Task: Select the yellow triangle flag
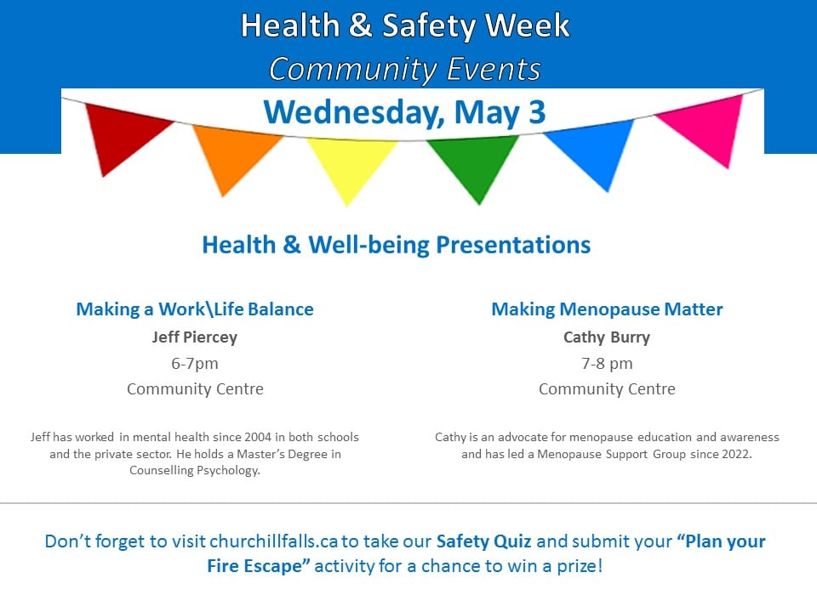tap(350, 164)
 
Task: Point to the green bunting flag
tap(475, 162)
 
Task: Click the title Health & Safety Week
tap(405, 25)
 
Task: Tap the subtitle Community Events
tap(405, 69)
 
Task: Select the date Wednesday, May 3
tap(405, 112)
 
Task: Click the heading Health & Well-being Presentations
tap(397, 245)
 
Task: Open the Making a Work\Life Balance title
tap(195, 309)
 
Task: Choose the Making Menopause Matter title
tap(607, 309)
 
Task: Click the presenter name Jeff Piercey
tap(195, 337)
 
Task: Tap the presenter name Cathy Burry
tap(607, 337)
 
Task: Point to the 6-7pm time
tap(195, 363)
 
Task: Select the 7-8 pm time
tap(607, 363)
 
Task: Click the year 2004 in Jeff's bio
tap(258, 437)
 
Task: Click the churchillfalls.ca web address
tap(274, 541)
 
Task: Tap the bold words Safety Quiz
tap(484, 541)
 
